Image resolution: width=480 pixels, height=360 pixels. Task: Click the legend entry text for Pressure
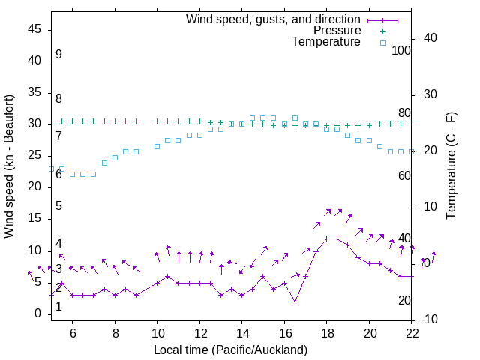click(337, 31)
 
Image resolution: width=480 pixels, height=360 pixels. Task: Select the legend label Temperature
click(326, 42)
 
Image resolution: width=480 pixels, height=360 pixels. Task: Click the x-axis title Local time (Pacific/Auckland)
click(231, 349)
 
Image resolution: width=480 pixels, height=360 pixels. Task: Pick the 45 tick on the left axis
click(35, 28)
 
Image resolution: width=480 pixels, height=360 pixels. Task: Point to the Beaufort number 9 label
click(58, 55)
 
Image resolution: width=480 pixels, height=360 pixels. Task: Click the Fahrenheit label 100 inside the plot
click(401, 50)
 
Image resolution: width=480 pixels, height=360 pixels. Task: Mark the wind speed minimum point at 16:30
click(295, 301)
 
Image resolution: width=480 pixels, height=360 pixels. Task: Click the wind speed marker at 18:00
click(327, 238)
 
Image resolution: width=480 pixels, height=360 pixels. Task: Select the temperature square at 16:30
click(295, 118)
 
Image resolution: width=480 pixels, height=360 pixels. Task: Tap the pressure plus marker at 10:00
click(157, 121)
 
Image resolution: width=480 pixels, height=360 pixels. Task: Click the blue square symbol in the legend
click(382, 43)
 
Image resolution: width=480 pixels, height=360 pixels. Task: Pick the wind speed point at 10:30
click(168, 277)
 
